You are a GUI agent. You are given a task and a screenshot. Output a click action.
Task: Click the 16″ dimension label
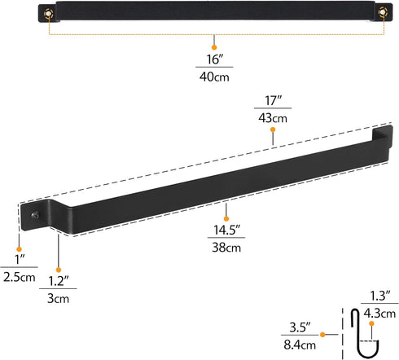214,60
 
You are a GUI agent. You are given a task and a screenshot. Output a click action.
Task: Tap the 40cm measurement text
214,79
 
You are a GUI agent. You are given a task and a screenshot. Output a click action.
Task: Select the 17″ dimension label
272,103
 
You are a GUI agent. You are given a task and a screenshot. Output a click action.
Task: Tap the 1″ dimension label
17,260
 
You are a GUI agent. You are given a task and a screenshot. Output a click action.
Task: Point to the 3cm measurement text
59,299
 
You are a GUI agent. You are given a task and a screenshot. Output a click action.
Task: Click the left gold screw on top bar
49,13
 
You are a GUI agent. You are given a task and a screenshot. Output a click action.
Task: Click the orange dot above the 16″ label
214,38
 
